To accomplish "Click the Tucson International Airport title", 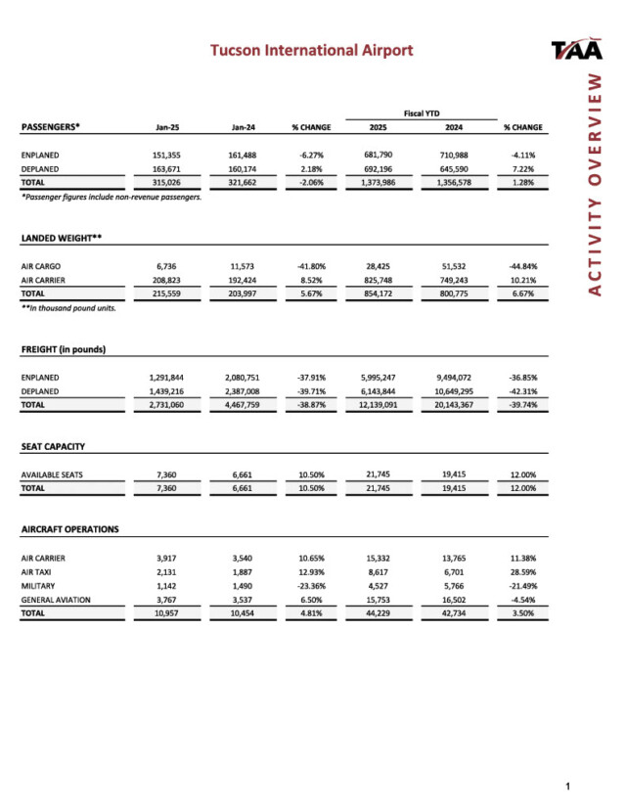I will coord(312,50).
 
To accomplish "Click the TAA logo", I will coord(577,49).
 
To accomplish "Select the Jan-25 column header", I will coord(166,127).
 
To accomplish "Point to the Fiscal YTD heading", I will coord(416,113).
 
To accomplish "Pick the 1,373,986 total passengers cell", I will coord(377,182).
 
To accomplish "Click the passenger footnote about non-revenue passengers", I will coord(112,197).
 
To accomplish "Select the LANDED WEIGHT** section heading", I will coord(62,238).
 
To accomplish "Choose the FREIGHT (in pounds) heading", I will coord(64,349).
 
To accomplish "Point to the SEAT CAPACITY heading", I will coord(53,446).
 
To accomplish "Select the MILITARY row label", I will coord(38,586).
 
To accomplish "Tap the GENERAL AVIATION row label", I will coord(56,600).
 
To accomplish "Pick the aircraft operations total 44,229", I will coord(377,613).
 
